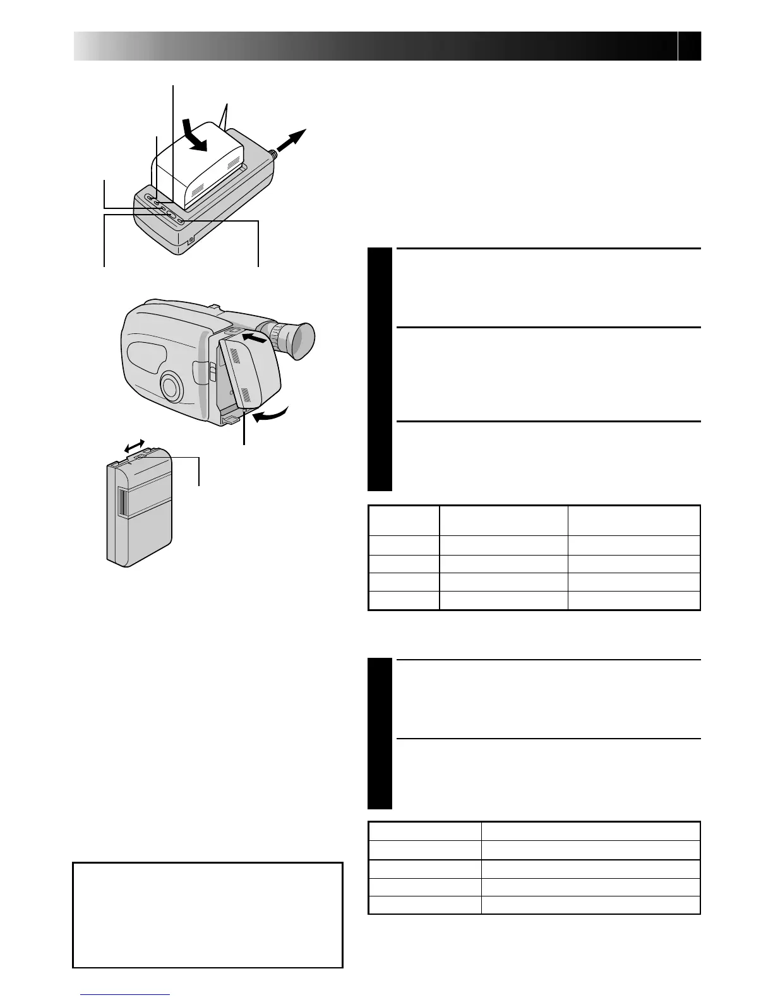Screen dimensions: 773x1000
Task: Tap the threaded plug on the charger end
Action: click(x=272, y=153)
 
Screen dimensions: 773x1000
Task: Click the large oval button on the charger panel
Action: click(x=171, y=215)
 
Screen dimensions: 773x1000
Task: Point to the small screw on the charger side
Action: click(x=192, y=239)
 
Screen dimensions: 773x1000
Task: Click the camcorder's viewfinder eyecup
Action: click(x=299, y=340)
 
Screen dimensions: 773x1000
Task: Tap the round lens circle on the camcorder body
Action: click(x=171, y=386)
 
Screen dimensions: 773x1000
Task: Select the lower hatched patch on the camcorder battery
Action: click(x=246, y=395)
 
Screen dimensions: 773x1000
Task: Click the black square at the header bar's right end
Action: click(x=690, y=47)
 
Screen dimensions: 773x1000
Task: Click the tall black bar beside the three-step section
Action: click(x=380, y=370)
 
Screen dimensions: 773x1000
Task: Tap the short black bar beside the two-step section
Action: click(x=380, y=734)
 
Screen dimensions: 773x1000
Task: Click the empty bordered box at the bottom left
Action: click(x=208, y=915)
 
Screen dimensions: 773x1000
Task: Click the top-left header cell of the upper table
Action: click(x=404, y=520)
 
